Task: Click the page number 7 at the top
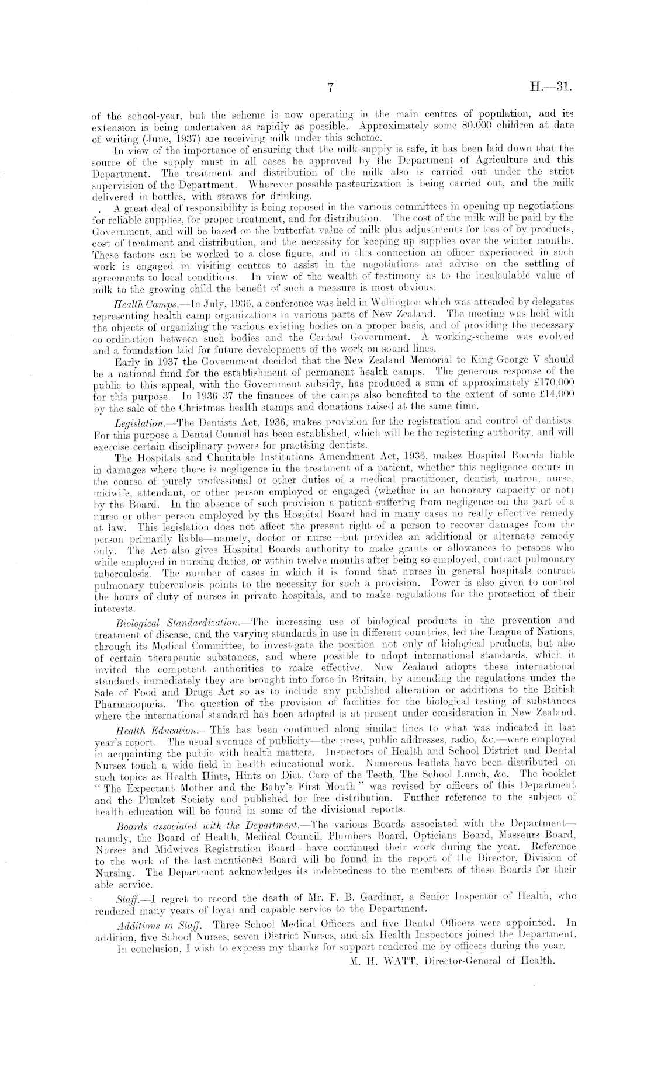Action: [x=330, y=88]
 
